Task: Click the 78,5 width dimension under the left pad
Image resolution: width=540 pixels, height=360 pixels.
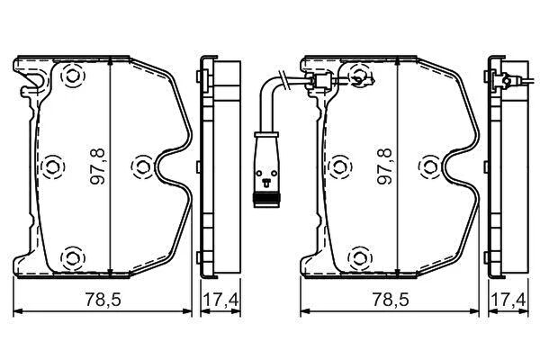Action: tap(103, 300)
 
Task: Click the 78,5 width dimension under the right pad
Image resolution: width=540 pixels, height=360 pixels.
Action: tap(391, 300)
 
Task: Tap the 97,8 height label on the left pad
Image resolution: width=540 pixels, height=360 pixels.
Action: tap(98, 166)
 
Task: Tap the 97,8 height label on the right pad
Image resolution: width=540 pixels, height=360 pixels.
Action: tap(385, 166)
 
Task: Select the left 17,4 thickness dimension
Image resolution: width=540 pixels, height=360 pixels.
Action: tap(220, 300)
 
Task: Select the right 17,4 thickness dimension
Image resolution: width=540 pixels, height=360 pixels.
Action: tap(508, 300)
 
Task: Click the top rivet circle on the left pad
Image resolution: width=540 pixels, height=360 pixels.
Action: tap(72, 76)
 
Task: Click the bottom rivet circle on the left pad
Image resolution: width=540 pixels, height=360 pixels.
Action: tap(72, 257)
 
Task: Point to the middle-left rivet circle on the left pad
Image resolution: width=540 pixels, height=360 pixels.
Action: tap(52, 166)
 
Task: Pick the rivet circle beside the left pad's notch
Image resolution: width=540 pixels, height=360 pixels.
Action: tap(142, 166)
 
